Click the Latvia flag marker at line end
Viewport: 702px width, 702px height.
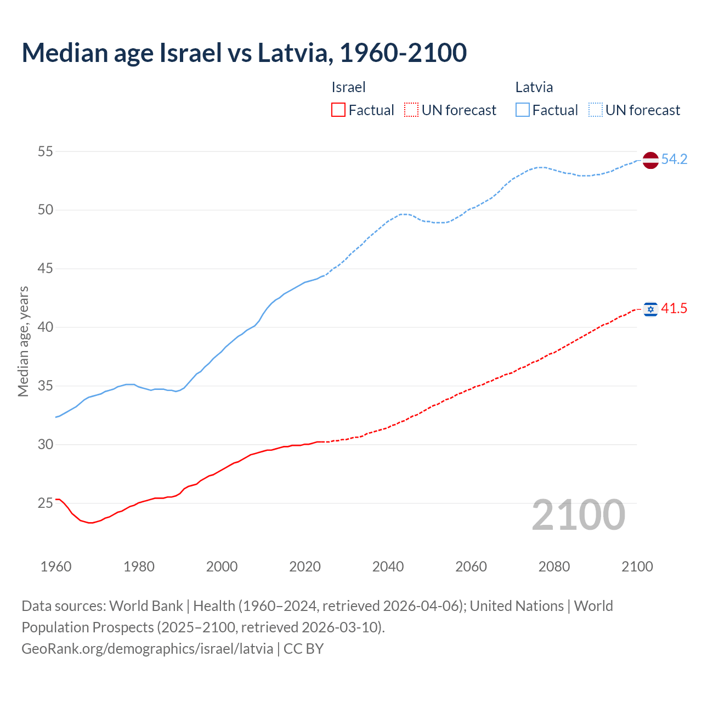click(x=650, y=160)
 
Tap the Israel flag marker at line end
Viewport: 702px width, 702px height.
click(x=650, y=309)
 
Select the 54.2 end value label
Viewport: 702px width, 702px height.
click(x=674, y=159)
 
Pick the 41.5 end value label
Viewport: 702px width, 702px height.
click(x=674, y=309)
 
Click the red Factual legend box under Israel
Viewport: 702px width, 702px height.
click(x=338, y=110)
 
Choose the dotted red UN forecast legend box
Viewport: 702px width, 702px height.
click(x=411, y=110)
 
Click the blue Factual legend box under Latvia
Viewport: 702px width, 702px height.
click(x=523, y=110)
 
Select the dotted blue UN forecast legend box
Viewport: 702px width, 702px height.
click(x=595, y=110)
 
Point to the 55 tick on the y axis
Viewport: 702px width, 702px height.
click(x=46, y=151)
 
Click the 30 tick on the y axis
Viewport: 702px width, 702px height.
click(x=46, y=444)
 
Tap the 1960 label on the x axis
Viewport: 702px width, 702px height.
click(x=56, y=567)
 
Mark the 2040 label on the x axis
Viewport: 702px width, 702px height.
click(x=388, y=567)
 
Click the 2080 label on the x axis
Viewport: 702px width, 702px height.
click(x=554, y=567)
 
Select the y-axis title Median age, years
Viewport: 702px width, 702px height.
click(x=23, y=341)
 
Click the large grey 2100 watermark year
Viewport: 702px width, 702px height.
click(x=579, y=515)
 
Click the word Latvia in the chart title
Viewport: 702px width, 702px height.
click(x=293, y=53)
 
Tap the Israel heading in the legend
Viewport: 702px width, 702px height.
click(x=348, y=87)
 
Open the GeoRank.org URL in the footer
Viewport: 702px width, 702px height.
click(x=147, y=649)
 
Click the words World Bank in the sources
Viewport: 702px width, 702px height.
click(x=146, y=606)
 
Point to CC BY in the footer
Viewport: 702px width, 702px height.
click(x=303, y=649)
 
